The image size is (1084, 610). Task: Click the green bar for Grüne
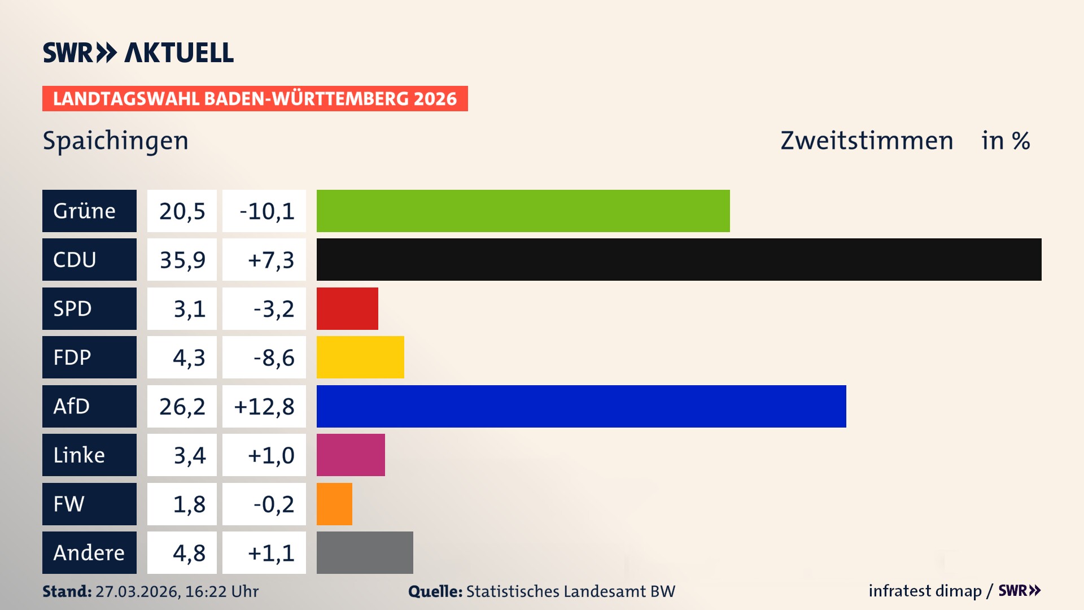point(523,211)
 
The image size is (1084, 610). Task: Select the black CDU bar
point(679,259)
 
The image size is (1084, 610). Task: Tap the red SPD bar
point(347,308)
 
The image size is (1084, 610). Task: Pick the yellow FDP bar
point(360,357)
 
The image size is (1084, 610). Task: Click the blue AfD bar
point(581,406)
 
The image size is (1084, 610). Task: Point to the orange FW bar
point(334,504)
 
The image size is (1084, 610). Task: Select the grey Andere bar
point(365,552)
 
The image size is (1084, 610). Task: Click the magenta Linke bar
point(351,455)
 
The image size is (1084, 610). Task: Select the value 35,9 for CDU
point(182,260)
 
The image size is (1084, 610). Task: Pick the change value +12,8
point(264,407)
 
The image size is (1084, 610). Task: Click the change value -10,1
point(266,211)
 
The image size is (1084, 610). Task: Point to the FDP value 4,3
point(189,358)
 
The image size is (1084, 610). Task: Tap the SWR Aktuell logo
point(138,53)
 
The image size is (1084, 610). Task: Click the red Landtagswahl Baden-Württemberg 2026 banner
point(255,98)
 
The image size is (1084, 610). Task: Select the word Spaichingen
point(115,141)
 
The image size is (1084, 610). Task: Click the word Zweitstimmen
point(867,141)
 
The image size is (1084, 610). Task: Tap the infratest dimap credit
point(925,591)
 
